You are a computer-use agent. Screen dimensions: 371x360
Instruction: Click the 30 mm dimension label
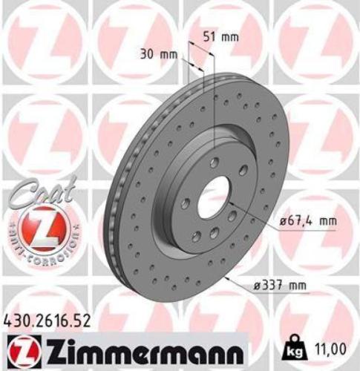click(155, 53)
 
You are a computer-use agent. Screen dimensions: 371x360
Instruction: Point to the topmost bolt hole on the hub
click(215, 162)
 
